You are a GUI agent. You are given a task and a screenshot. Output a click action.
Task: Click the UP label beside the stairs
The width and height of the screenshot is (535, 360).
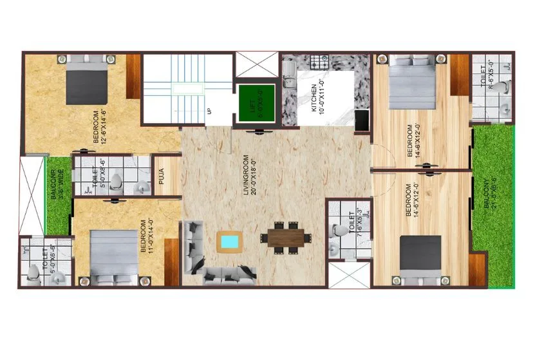[x=209, y=111]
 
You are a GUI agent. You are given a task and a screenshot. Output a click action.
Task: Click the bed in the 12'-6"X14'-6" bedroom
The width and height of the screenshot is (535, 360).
[x=88, y=81]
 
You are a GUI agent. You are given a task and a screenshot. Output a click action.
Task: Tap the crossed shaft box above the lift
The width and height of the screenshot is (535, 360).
[x=257, y=66]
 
